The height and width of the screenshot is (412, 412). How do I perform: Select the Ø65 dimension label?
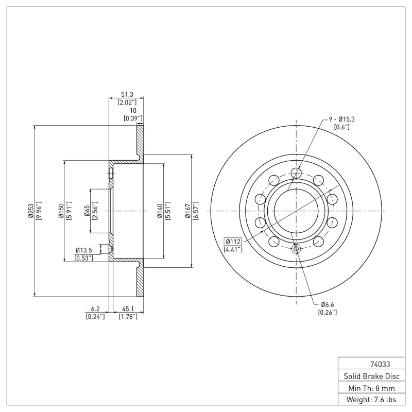pos(87,211)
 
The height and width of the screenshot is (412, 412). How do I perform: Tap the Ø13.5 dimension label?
pos(84,250)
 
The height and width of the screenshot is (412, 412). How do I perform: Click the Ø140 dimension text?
pos(160,211)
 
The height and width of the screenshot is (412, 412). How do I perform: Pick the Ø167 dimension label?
pos(188,211)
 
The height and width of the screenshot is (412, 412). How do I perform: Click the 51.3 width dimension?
pos(127,95)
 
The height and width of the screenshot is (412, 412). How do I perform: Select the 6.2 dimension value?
pos(95,310)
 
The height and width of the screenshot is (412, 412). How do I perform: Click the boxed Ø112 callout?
pos(233,242)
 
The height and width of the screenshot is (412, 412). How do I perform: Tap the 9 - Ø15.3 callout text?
pos(342,119)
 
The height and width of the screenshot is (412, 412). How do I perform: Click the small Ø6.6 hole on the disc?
pos(296,249)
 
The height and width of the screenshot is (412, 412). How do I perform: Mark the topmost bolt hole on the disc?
pos(296,173)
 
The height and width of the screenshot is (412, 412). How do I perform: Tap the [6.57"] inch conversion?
pos(196,211)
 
